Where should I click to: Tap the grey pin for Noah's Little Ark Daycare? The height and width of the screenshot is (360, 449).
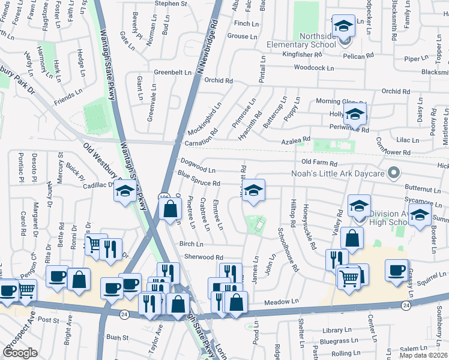pos(394,173)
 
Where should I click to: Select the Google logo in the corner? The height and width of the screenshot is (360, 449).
pos(20,353)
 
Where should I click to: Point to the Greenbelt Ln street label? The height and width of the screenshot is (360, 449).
pos(172,72)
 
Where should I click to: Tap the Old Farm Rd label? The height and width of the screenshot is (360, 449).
pos(319,163)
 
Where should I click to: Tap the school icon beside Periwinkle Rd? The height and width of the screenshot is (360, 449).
pos(355,113)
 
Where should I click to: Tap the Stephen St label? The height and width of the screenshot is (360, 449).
pos(171,4)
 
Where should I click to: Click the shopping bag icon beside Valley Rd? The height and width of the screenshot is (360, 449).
pos(352,238)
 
